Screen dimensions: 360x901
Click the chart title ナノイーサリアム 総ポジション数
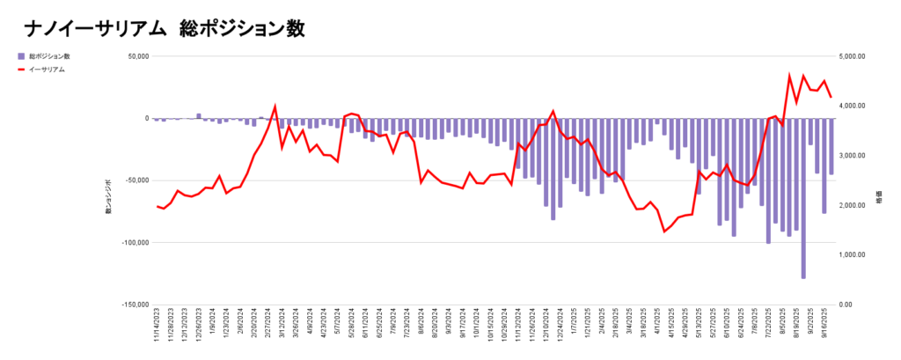point(165,28)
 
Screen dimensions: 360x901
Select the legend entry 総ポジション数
point(49,55)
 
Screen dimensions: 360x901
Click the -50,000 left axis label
point(136,180)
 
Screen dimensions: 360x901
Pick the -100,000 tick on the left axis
point(135,243)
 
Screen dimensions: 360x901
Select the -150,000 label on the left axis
point(135,305)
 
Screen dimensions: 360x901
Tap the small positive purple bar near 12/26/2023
point(199,115)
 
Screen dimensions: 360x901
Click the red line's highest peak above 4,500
point(789,76)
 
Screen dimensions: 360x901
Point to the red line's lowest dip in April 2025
point(664,231)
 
